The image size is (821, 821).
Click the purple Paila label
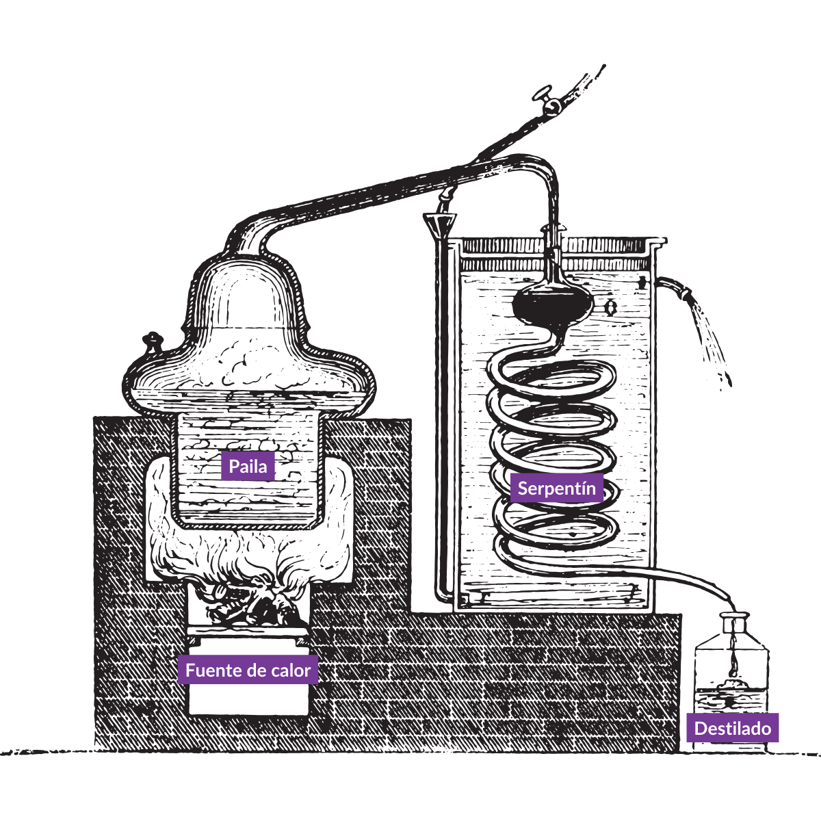(248, 466)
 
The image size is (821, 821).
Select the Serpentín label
(556, 488)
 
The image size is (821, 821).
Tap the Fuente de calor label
(248, 670)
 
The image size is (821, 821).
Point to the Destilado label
(732, 729)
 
